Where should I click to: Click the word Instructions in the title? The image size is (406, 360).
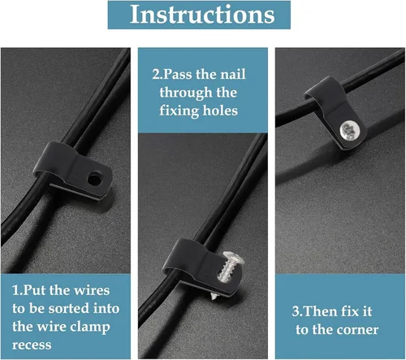point(202,15)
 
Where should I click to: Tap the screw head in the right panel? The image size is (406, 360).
point(350,131)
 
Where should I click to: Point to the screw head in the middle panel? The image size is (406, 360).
point(234,258)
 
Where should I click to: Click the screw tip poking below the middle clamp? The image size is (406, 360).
point(214,297)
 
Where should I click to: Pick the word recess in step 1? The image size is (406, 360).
point(32,345)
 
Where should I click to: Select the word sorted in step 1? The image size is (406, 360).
point(69,309)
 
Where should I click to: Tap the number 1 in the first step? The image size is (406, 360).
point(15,290)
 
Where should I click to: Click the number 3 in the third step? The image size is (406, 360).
point(296,311)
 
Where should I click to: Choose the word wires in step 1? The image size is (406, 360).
point(92,290)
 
